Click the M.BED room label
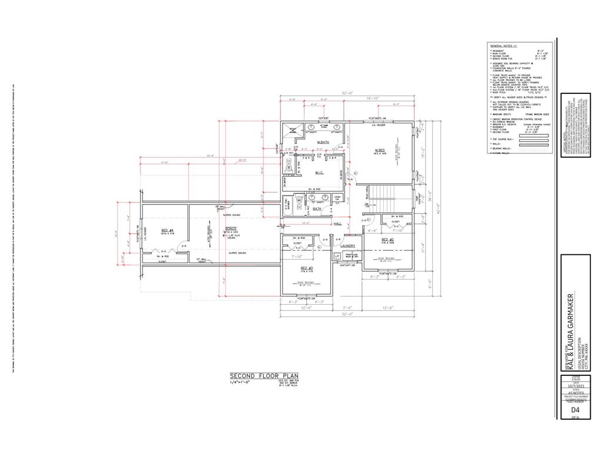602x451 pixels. point(379,150)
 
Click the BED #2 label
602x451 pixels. point(386,240)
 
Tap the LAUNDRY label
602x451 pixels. point(348,245)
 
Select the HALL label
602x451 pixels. point(337,224)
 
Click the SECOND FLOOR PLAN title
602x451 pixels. point(264,375)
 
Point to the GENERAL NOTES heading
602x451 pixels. point(503,45)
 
